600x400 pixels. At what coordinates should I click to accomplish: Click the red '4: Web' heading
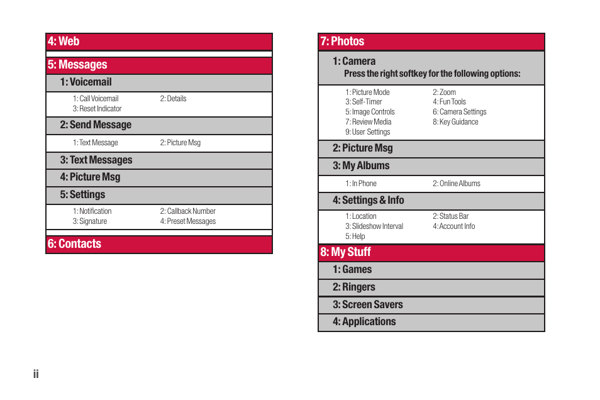pyautogui.click(x=64, y=42)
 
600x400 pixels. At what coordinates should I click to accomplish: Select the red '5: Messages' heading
pyautogui.click(x=77, y=65)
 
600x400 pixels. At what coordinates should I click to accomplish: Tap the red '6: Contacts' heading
pyautogui.click(x=74, y=244)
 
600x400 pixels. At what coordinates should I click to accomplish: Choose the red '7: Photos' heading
pyautogui.click(x=342, y=42)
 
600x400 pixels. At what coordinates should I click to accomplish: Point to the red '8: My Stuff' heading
pyautogui.click(x=345, y=252)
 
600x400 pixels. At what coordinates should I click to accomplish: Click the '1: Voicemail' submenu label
pyautogui.click(x=86, y=82)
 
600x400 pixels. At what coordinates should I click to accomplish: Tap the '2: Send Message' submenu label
pyautogui.click(x=96, y=125)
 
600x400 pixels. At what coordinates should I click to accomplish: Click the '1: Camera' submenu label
pyautogui.click(x=354, y=62)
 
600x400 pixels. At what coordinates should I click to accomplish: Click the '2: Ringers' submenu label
pyautogui.click(x=354, y=287)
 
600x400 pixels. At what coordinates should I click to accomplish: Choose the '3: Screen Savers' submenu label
pyautogui.click(x=368, y=305)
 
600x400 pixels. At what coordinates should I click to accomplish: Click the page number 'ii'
pyautogui.click(x=36, y=374)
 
